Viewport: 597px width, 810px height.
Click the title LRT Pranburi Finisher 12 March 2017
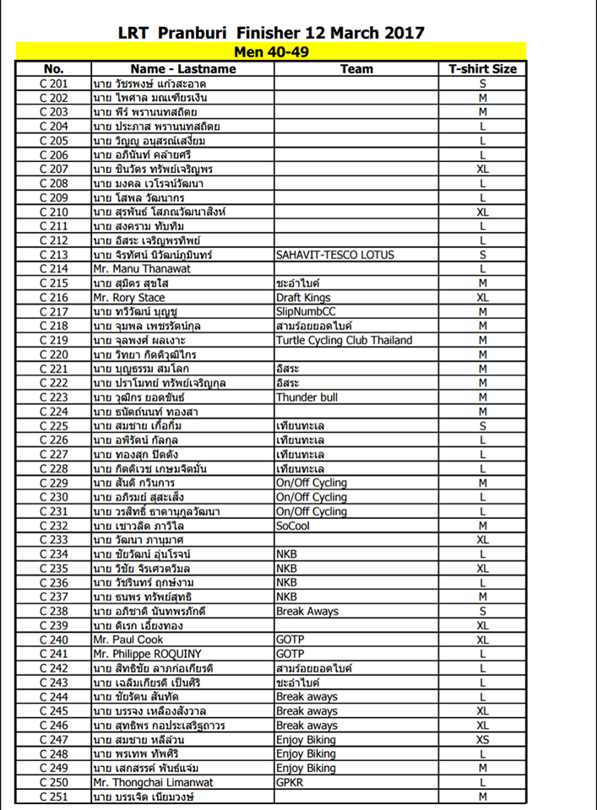tap(272, 33)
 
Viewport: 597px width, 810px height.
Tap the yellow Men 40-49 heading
tap(272, 51)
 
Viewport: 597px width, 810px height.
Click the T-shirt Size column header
tap(482, 68)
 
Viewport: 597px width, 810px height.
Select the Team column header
tap(355, 68)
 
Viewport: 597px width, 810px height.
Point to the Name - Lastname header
tap(182, 68)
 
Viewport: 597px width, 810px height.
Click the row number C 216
tap(53, 298)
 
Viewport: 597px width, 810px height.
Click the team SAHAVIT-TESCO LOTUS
tap(334, 254)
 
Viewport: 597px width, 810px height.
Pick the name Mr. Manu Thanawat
tap(141, 268)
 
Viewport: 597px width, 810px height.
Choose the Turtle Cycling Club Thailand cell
tap(345, 340)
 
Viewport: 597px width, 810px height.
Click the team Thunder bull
tap(307, 397)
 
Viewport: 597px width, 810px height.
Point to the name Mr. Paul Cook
tap(128, 640)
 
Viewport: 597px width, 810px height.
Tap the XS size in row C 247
tap(482, 739)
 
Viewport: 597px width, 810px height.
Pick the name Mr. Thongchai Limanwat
tap(153, 782)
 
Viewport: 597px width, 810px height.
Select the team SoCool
tap(294, 525)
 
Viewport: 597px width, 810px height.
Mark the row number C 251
tap(53, 796)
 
